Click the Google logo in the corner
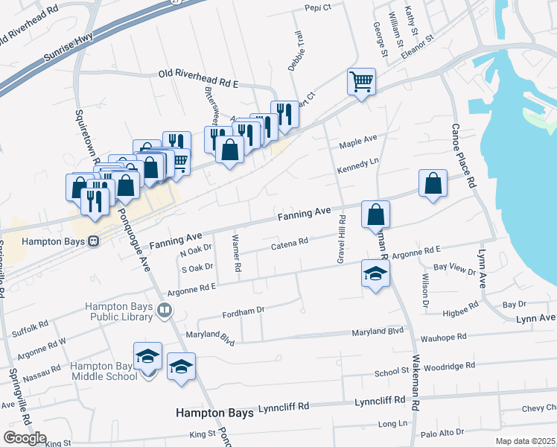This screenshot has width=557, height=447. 25,438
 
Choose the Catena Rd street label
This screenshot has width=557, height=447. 289,243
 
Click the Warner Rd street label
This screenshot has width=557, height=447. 237,253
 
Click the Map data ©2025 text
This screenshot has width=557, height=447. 526,441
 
